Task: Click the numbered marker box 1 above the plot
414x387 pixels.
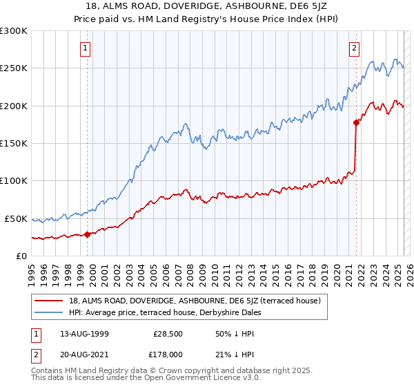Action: pos(85,48)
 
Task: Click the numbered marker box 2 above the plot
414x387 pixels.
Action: pos(354,48)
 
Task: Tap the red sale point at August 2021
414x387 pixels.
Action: pos(357,123)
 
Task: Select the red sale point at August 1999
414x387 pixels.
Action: pos(88,234)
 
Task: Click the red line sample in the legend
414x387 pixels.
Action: pos(49,301)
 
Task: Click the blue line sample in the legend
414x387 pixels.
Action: pos(49,312)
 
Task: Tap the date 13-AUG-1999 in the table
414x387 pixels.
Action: pos(83,334)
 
